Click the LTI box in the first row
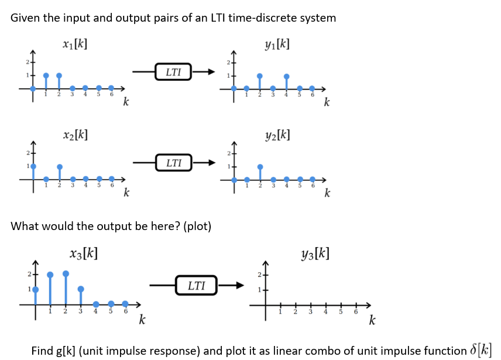(174, 72)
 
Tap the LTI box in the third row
(196, 286)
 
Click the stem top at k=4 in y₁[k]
(286, 76)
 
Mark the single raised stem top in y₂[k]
(260, 166)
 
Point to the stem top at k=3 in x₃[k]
(81, 289)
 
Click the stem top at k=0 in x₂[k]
(33, 166)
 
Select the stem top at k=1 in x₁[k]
(46, 76)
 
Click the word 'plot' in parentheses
(197, 226)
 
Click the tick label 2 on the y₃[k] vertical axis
(259, 275)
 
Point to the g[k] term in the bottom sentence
(66, 351)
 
